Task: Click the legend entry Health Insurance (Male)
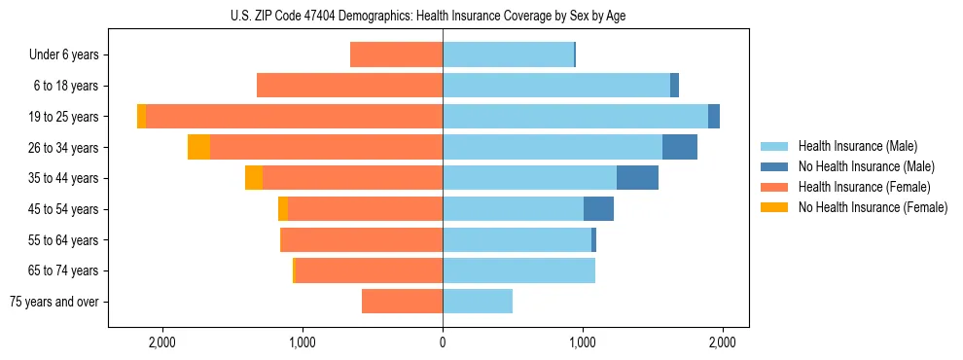(x=857, y=146)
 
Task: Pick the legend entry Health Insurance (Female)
(x=864, y=187)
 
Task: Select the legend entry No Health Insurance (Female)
(x=873, y=207)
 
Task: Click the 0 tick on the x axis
(x=443, y=342)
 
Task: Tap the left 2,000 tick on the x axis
(x=161, y=342)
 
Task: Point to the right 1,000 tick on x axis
(x=583, y=342)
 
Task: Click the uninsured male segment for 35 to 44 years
(x=637, y=178)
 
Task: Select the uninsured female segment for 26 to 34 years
(x=198, y=147)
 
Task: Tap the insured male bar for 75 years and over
(x=478, y=302)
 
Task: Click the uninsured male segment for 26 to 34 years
(x=680, y=147)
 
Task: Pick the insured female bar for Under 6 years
(x=396, y=55)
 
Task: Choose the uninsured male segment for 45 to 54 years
(x=598, y=209)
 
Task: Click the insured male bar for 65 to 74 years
(x=518, y=270)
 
